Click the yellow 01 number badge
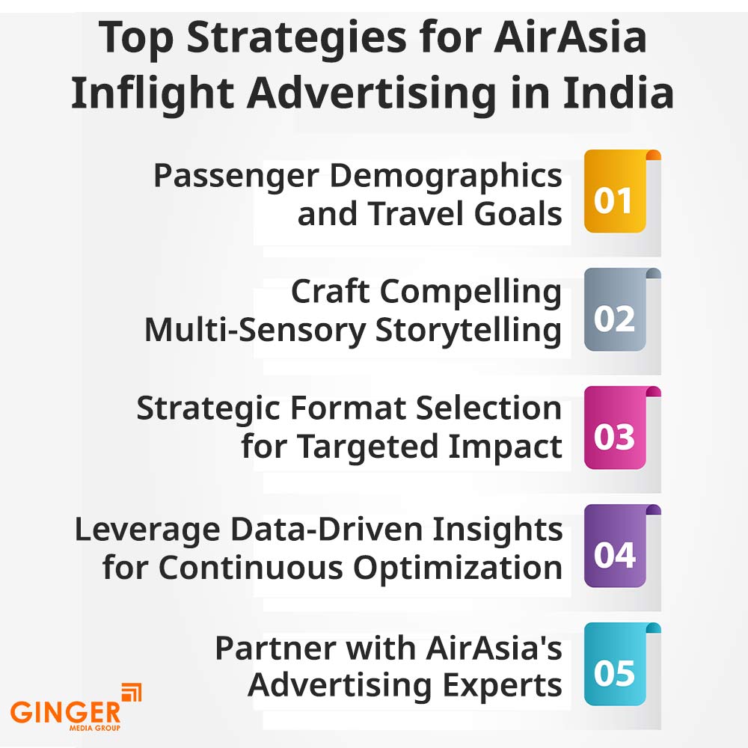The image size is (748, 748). coord(615,191)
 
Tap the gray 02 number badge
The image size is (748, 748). coord(615,310)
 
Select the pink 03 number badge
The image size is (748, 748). coord(615,428)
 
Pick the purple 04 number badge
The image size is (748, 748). coord(615,546)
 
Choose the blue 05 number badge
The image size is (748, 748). coord(615,664)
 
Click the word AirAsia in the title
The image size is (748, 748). coord(570,37)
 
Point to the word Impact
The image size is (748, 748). coord(505,448)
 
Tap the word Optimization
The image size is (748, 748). coord(458,568)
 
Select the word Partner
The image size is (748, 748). coord(275,648)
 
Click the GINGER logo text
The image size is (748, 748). coord(65,712)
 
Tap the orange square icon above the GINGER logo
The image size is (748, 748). coord(131,692)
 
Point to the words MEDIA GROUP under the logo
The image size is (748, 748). coord(95,728)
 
